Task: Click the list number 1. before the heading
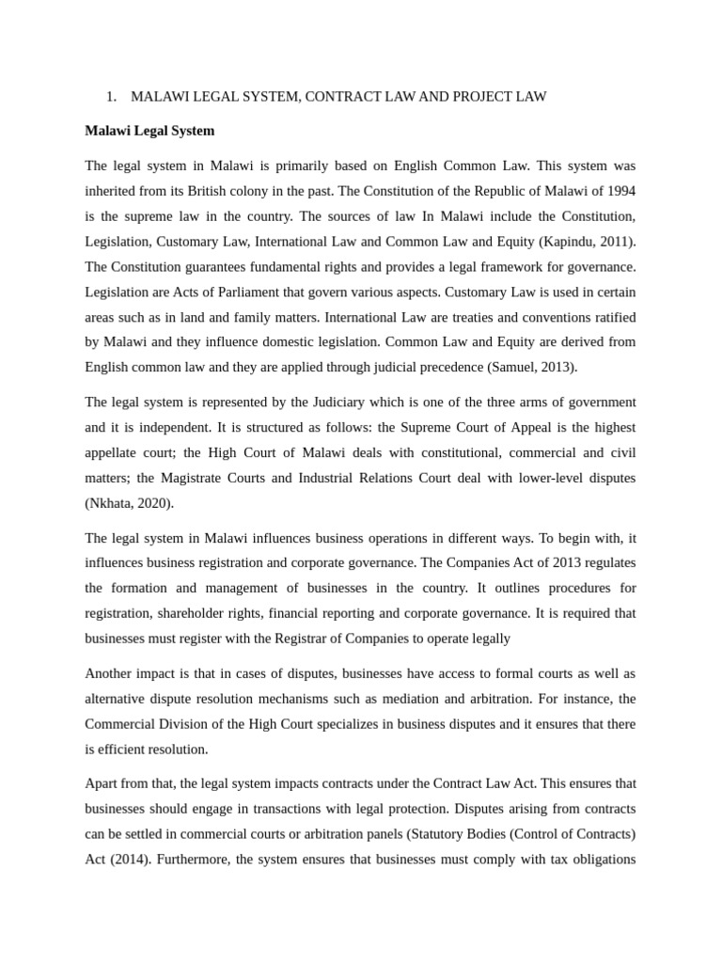(x=111, y=97)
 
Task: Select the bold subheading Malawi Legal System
(x=149, y=131)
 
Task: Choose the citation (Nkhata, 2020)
(x=129, y=503)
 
